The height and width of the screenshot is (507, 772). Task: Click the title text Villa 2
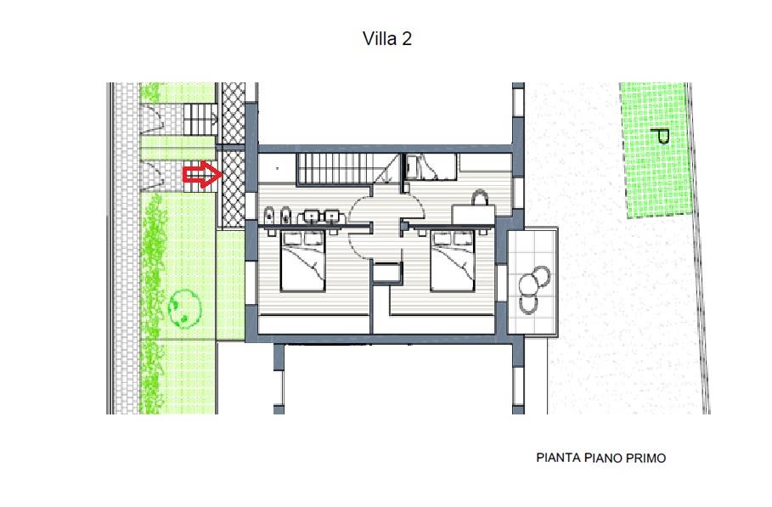[x=387, y=38]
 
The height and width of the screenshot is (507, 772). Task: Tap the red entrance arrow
[x=202, y=174]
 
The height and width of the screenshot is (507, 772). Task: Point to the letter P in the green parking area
[x=660, y=135]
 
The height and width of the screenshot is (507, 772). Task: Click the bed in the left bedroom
[x=303, y=261]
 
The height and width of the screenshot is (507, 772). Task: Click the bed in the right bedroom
[x=453, y=261]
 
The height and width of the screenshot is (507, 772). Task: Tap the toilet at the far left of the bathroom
[x=269, y=215]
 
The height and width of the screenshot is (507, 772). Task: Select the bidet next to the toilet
[x=285, y=215]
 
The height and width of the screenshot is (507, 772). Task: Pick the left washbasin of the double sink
[x=312, y=217]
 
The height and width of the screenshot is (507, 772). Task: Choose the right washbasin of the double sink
[x=331, y=217]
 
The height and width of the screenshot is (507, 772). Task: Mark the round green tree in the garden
[x=184, y=307]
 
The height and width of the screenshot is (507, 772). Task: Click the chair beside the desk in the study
[x=480, y=198]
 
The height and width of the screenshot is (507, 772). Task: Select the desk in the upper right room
[x=473, y=215]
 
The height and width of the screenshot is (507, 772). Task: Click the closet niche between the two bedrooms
[x=386, y=273]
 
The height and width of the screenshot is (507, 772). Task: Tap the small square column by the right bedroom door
[x=404, y=226]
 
